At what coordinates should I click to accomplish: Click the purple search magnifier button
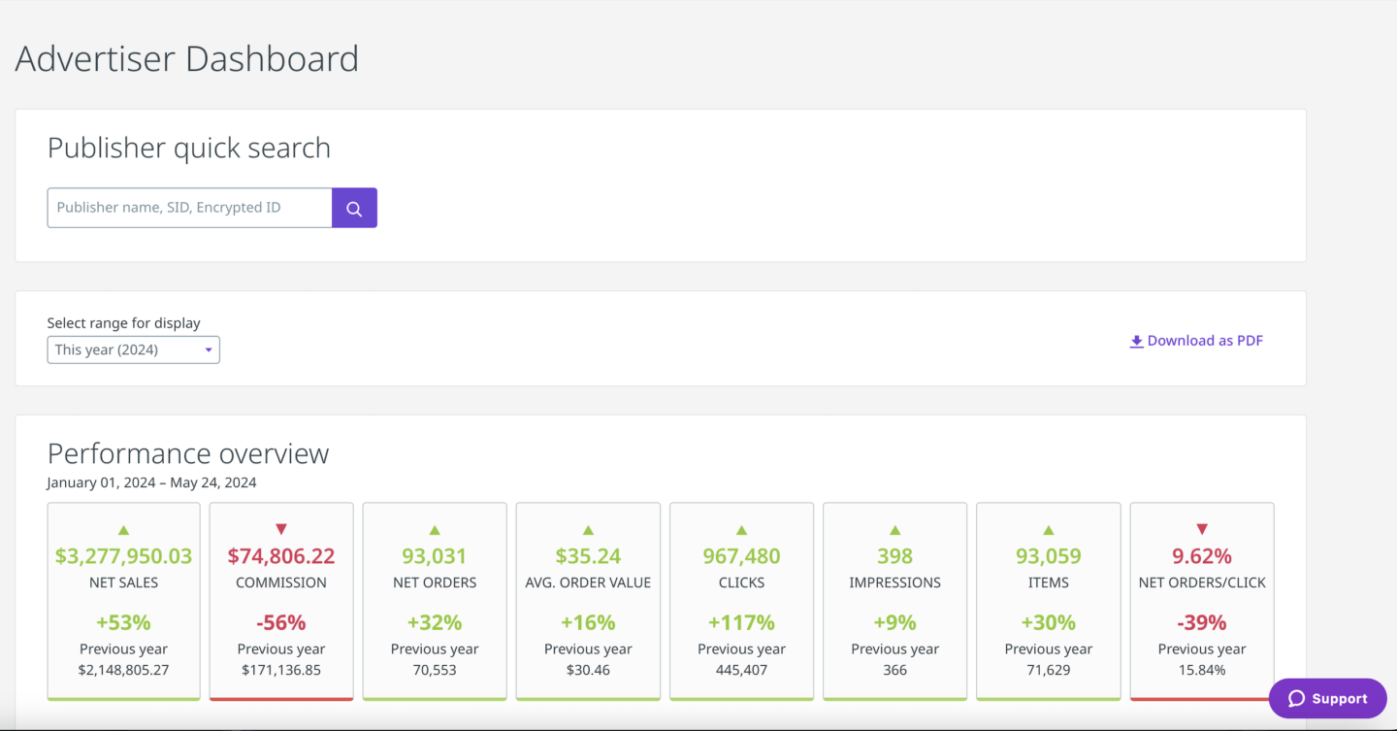354,209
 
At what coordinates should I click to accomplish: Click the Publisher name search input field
189,208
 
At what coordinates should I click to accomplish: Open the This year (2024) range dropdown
134,349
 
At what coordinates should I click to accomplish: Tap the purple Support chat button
1327,699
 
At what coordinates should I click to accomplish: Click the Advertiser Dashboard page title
187,59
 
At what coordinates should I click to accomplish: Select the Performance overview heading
188,453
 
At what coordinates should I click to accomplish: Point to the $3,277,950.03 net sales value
123,556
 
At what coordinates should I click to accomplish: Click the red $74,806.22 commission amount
281,556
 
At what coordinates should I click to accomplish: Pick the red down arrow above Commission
281,529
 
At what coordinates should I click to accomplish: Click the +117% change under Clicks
741,622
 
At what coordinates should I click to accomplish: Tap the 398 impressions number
894,556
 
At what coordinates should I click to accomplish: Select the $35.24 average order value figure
588,556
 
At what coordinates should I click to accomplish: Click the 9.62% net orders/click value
1202,556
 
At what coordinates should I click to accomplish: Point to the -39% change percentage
1202,622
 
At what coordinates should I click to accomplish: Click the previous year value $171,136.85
281,670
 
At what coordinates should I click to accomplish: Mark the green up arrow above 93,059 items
1049,530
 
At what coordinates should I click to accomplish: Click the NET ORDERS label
435,582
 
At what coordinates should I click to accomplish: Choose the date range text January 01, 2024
103,482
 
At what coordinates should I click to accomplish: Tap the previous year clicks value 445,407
741,670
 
